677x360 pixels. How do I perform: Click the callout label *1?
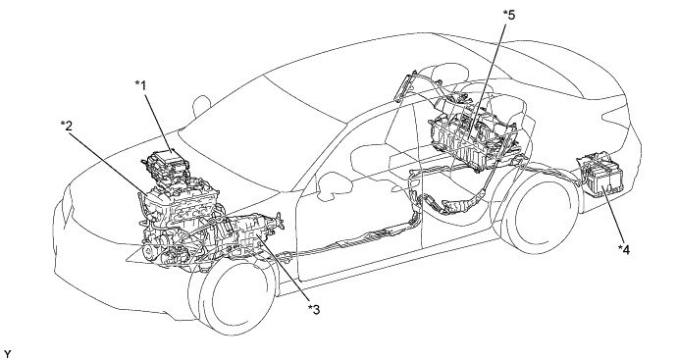(140, 85)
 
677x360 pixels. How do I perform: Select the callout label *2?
(67, 126)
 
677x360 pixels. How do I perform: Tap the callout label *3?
(314, 310)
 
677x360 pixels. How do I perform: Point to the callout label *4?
(623, 249)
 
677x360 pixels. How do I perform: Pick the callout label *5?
(509, 15)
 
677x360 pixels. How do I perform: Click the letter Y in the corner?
(7, 354)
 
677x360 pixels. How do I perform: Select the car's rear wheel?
(542, 216)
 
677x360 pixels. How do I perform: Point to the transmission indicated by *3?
(248, 235)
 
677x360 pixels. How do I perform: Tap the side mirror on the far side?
(201, 106)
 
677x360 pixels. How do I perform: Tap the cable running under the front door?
(345, 244)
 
